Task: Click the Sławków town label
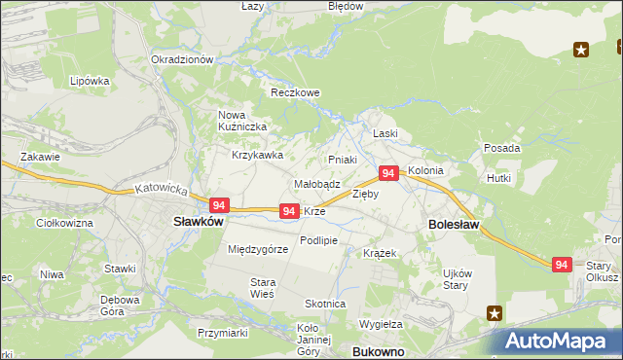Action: [x=199, y=221]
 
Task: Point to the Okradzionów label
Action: [x=182, y=59]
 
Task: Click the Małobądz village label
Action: [x=316, y=183]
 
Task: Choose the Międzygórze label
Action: [x=258, y=249]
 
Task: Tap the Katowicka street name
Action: [x=161, y=189]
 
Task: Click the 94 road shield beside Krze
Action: [x=288, y=210]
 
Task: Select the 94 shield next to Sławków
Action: [x=218, y=205]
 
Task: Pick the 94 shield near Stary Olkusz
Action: [x=561, y=265]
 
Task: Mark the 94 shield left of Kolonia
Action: [x=387, y=173]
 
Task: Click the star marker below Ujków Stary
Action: [x=495, y=313]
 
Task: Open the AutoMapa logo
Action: [x=562, y=342]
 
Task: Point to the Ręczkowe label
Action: [x=295, y=93]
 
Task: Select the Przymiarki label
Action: [x=220, y=332]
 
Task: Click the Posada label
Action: [x=501, y=148]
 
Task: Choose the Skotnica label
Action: [x=325, y=304]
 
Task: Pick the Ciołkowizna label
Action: [x=63, y=224]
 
